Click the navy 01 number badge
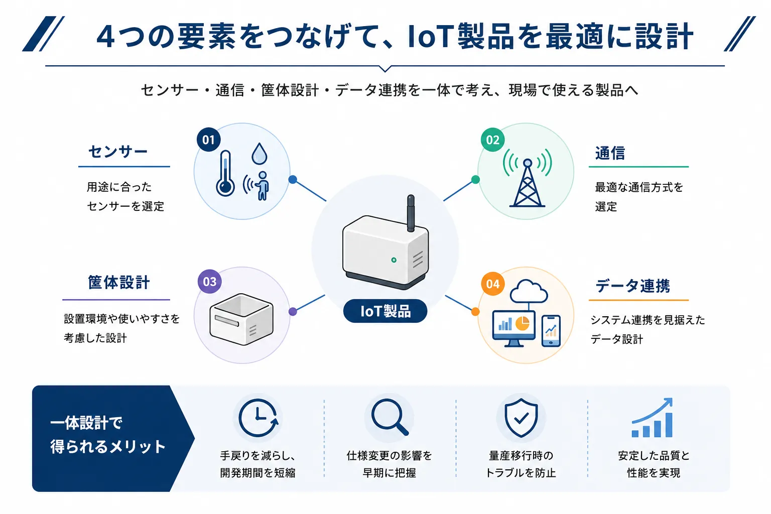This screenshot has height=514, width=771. point(209,140)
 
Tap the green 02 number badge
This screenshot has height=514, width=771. point(492,140)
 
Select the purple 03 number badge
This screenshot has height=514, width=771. point(210,281)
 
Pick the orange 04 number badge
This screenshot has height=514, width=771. point(492,284)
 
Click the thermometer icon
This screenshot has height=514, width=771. point(225,173)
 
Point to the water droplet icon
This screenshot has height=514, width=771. point(259,154)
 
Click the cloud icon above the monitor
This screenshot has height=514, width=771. point(529,291)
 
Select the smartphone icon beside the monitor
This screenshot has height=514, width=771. point(551,331)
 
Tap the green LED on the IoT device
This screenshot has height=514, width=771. point(394,260)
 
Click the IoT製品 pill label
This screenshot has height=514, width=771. point(385,311)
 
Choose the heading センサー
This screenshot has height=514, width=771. point(118,152)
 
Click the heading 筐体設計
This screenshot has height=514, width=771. point(119,282)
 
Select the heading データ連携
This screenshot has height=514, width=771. point(632,286)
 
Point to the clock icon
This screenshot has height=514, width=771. point(258,418)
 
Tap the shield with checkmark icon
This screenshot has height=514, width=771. point(521,418)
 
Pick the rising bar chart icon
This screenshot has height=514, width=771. point(652,418)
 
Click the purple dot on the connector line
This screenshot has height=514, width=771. point(293,312)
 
